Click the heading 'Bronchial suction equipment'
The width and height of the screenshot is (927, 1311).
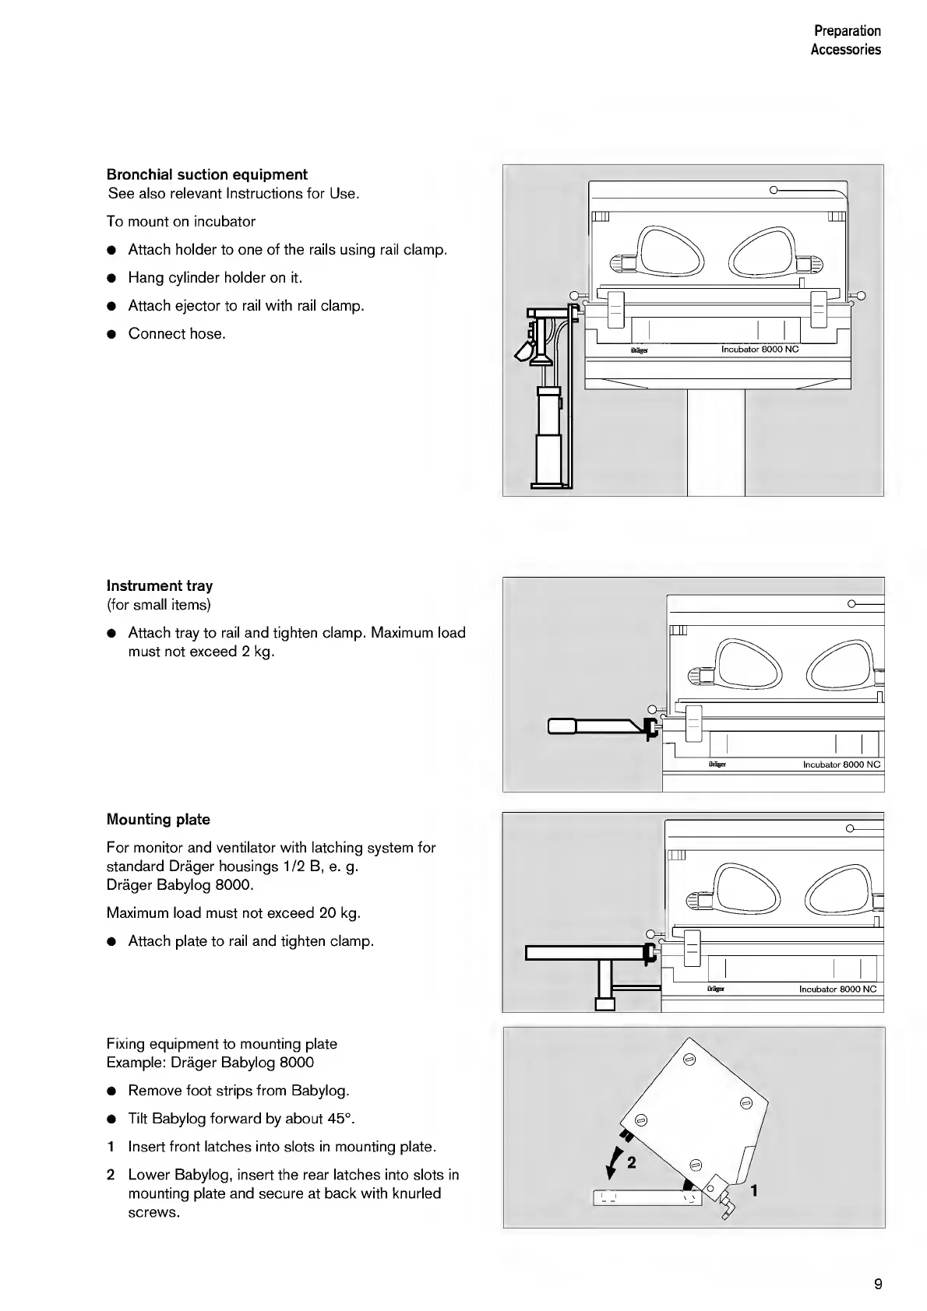click(206, 174)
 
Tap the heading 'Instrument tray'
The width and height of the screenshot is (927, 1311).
click(159, 585)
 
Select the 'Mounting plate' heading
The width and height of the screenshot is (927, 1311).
click(158, 819)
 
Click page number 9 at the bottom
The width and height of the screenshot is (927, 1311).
click(878, 1284)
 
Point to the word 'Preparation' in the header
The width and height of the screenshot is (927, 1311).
click(847, 31)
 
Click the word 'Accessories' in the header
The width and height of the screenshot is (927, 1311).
click(845, 50)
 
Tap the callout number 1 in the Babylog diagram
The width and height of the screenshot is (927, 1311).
click(753, 1190)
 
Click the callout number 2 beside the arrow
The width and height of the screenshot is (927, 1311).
click(631, 1162)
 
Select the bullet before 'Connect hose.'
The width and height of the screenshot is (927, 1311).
click(111, 335)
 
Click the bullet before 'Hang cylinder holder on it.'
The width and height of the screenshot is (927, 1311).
click(111, 279)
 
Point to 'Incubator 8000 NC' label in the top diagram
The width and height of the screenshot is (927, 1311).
click(760, 350)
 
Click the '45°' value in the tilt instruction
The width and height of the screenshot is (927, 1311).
click(340, 1119)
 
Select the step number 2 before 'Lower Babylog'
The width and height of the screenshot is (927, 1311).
click(111, 1175)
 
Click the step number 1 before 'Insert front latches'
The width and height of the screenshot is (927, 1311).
click(111, 1147)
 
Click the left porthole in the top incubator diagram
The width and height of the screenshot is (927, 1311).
click(665, 251)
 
